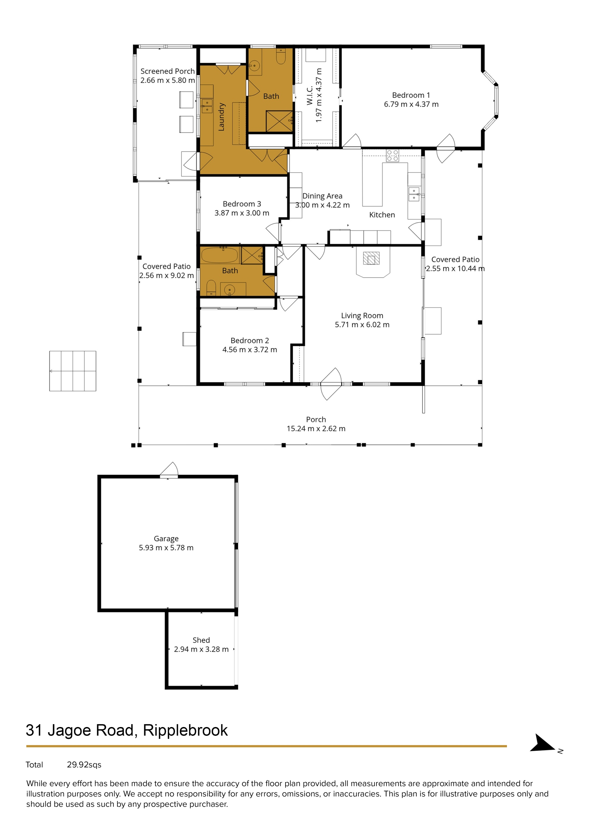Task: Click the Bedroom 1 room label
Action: click(x=411, y=95)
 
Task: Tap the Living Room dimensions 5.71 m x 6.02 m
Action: click(x=362, y=324)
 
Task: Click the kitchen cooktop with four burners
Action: click(x=392, y=156)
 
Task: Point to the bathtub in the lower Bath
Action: click(x=219, y=255)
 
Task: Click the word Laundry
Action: click(x=221, y=117)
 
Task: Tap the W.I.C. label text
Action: click(x=310, y=96)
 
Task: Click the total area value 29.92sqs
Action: click(x=84, y=765)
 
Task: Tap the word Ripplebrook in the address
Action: click(x=185, y=730)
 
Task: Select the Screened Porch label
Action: click(x=167, y=71)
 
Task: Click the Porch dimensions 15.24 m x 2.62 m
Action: click(x=316, y=428)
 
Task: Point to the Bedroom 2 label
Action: click(x=250, y=340)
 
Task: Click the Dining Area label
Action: click(x=322, y=196)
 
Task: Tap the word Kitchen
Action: click(x=382, y=215)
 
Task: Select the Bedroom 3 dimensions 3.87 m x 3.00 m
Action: click(x=241, y=213)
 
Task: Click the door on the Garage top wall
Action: click(x=169, y=470)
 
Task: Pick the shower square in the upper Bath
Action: click(x=279, y=121)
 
